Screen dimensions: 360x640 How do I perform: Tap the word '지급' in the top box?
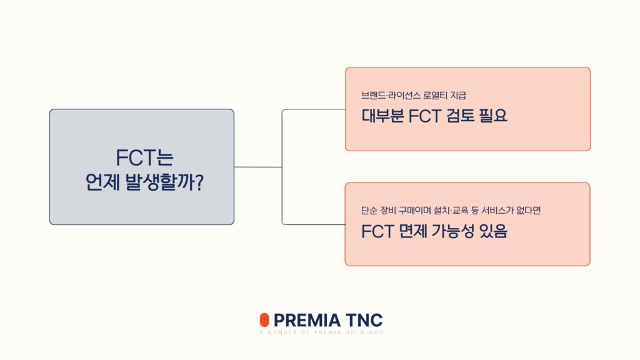[458, 96]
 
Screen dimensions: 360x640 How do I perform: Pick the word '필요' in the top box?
[494, 116]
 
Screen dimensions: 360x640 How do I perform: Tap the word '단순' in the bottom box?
[369, 211]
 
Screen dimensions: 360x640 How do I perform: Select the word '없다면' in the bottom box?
[536, 211]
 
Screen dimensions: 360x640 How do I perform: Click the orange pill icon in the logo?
[264, 320]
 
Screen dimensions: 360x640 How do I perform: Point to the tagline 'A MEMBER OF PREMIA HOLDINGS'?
[321, 332]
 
